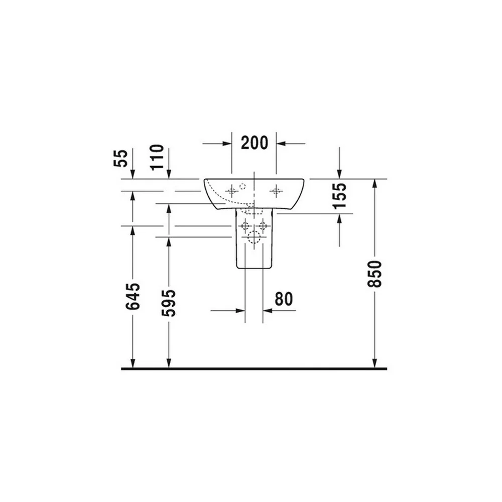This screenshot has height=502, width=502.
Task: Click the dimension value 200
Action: (255, 143)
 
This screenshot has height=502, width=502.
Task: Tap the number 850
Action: (375, 274)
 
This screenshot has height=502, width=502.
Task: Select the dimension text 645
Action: (133, 297)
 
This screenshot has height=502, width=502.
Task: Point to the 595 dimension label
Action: (169, 303)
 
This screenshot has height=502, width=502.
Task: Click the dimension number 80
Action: (284, 299)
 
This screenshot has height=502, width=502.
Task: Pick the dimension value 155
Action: (339, 196)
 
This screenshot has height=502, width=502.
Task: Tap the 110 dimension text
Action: (157, 157)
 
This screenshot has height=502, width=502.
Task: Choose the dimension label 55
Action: (120, 158)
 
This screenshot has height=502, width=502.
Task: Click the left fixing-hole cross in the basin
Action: (231, 191)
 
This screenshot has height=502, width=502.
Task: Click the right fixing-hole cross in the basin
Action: (276, 191)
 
